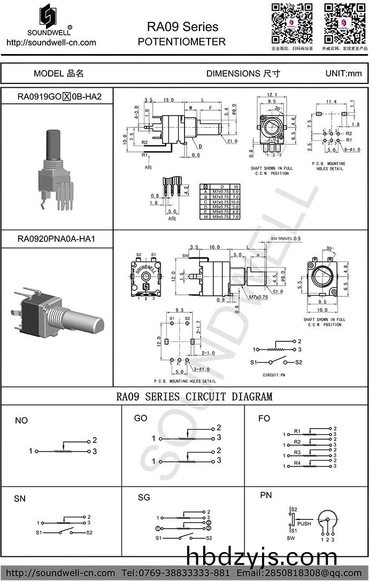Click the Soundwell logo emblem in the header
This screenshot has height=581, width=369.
[x=50, y=17]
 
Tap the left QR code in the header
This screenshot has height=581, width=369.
[x=291, y=23]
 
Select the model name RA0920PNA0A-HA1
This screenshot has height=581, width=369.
[x=56, y=239]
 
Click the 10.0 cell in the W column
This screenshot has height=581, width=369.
[x=236, y=201]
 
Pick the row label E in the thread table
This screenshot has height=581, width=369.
[x=205, y=211]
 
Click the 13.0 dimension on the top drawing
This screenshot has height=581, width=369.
[x=168, y=100]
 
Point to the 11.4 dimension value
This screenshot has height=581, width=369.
[x=331, y=102]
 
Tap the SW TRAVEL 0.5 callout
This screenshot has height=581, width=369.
[x=286, y=238]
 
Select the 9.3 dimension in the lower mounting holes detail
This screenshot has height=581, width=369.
[x=179, y=310]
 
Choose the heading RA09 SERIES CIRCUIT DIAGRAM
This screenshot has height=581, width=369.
[x=194, y=396]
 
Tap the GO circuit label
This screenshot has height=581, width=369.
[x=141, y=418]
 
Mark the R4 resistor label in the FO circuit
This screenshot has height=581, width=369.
[x=297, y=463]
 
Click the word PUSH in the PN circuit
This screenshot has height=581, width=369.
[x=304, y=523]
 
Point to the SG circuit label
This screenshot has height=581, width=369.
[x=144, y=498]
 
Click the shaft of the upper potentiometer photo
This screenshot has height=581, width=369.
[x=53, y=143]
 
